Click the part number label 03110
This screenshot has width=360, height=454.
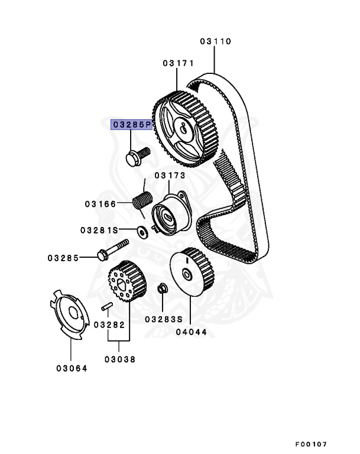[x=215, y=42]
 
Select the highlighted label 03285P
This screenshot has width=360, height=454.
[x=132, y=125]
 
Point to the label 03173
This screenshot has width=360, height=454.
[x=170, y=176]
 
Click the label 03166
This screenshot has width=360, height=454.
[x=99, y=204]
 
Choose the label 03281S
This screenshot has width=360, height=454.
[x=99, y=229]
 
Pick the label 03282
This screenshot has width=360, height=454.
[x=109, y=325]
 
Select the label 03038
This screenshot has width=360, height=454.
[x=120, y=359]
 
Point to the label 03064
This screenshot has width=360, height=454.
[x=72, y=368]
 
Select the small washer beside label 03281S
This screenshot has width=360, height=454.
[x=142, y=229]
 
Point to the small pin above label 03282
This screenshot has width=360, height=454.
[x=107, y=306]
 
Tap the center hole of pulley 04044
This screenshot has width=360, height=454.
[x=187, y=274]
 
